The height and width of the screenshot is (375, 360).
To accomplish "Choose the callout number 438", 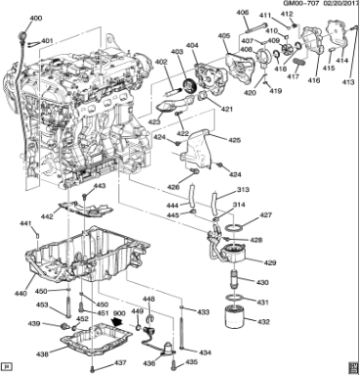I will tap(40, 353).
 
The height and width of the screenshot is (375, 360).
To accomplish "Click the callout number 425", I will tap(235, 140).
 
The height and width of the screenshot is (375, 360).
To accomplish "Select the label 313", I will tap(242, 190).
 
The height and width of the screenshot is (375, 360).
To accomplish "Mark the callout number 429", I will tap(270, 262).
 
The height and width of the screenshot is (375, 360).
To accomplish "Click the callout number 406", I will tap(243, 12).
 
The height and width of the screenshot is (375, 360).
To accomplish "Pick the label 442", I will tap(46, 216).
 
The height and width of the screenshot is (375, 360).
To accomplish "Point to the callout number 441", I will tap(26, 224).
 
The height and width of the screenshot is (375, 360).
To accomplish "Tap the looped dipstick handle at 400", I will tap(22, 32).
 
